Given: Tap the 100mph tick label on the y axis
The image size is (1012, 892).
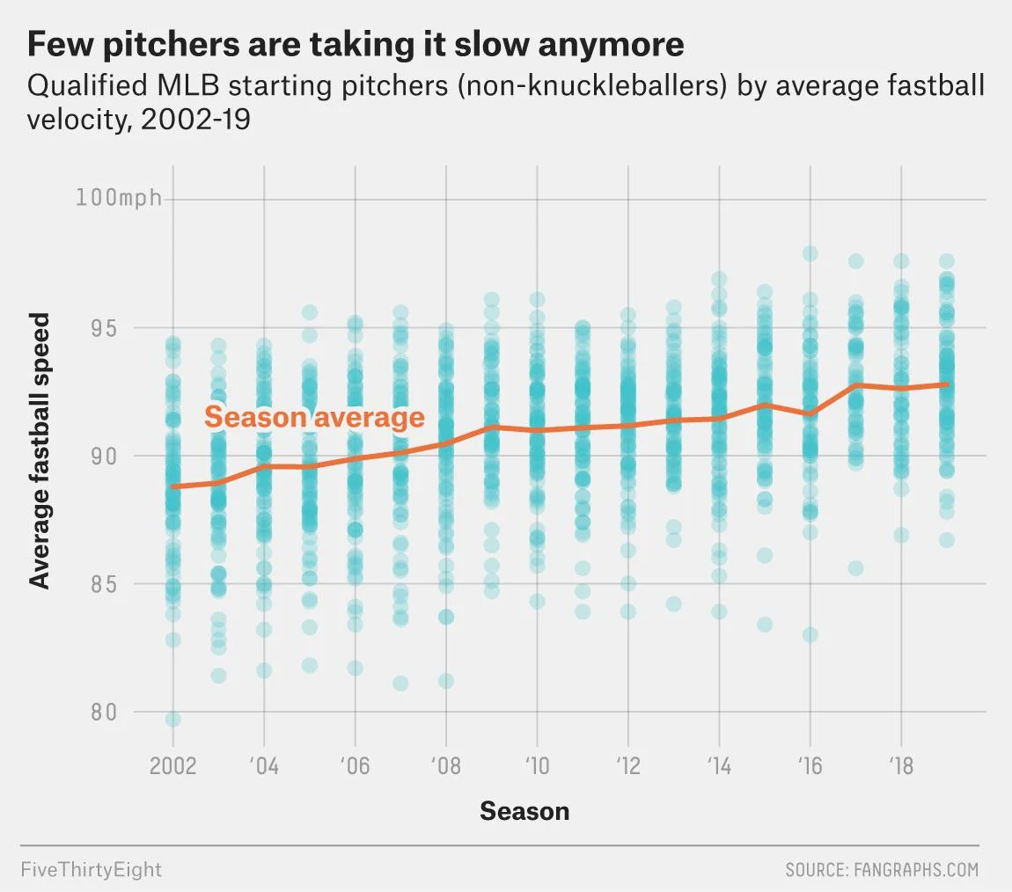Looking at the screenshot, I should point(119,198).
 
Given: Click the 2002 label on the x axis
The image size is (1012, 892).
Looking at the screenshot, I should point(172,765).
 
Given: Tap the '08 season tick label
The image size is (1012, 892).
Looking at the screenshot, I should point(445,765).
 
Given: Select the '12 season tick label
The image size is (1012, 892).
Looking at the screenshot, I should point(627,765).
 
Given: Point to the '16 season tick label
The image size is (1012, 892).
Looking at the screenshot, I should point(810,765).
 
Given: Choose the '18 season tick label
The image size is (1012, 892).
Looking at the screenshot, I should point(900,765).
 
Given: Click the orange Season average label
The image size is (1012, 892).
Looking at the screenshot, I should point(314,417).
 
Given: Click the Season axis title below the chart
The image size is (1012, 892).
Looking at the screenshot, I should point(524,810).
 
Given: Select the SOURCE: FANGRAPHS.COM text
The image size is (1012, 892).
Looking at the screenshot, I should point(882,870).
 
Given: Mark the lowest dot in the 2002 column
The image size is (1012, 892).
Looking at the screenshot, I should point(173,720).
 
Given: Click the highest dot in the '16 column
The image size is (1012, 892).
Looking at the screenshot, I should point(810,253).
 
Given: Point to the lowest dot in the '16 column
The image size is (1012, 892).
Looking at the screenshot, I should point(810,634).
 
